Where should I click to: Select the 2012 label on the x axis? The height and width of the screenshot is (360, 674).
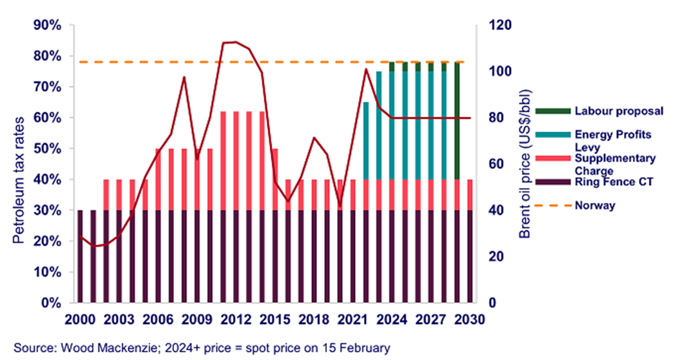coord(237,320)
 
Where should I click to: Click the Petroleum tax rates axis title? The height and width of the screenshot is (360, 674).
coord(21,164)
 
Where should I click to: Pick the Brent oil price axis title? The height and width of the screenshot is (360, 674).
coord(524,164)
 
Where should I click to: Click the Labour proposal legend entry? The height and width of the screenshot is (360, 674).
coord(618,112)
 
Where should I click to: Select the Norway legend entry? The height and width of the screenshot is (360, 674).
coord(594,205)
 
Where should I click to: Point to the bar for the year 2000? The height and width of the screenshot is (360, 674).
coord(80,256)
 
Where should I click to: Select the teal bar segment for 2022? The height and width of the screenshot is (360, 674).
coord(365,141)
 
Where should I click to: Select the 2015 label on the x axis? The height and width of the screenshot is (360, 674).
coord(276,320)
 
